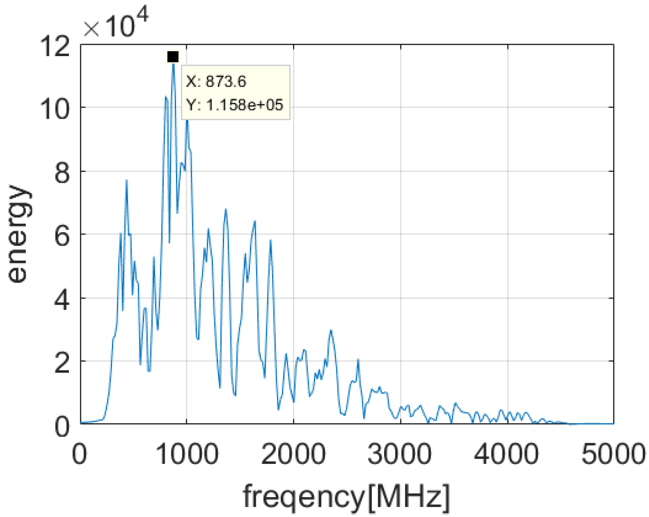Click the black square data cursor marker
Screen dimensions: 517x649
(x=173, y=57)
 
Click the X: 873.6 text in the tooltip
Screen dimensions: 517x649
(x=216, y=81)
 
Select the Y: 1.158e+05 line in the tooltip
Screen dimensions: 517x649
(x=235, y=105)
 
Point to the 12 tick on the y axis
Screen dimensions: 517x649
(x=55, y=46)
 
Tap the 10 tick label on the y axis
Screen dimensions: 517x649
(x=55, y=109)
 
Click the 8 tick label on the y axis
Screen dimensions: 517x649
(x=62, y=173)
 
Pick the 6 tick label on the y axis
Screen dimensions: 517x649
(x=62, y=235)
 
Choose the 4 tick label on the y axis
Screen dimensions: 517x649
(x=62, y=299)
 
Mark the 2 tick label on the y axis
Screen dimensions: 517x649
(x=62, y=362)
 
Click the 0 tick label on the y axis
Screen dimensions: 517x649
(x=62, y=426)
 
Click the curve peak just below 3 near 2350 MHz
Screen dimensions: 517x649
(x=330, y=331)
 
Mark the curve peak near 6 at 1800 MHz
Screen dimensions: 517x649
(x=270, y=240)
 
